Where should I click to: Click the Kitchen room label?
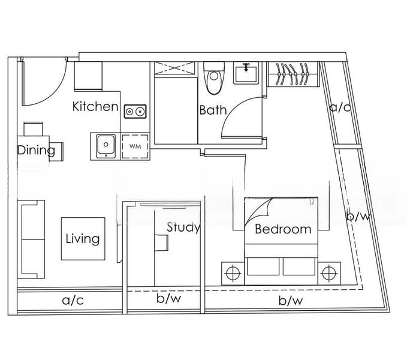(x=95, y=106)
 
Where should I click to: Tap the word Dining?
(x=36, y=151)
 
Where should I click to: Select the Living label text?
(x=83, y=239)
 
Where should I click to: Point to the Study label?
(x=183, y=227)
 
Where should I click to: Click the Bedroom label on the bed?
(x=283, y=229)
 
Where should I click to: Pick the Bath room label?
(x=213, y=110)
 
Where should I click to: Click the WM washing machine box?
(x=135, y=146)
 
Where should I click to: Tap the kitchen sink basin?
(x=105, y=146)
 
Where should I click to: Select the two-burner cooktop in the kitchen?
(x=135, y=112)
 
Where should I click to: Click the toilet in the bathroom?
(x=214, y=78)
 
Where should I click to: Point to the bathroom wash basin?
(x=246, y=73)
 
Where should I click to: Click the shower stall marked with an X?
(x=174, y=68)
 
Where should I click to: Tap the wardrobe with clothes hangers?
(x=293, y=74)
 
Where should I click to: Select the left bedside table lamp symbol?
(x=233, y=273)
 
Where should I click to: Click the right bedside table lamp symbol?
(x=330, y=273)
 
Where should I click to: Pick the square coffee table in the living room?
(x=83, y=239)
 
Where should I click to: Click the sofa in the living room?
(x=31, y=239)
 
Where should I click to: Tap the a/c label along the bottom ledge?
(x=73, y=301)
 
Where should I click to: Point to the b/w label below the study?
(x=168, y=299)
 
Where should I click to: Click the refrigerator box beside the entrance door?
(x=88, y=76)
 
